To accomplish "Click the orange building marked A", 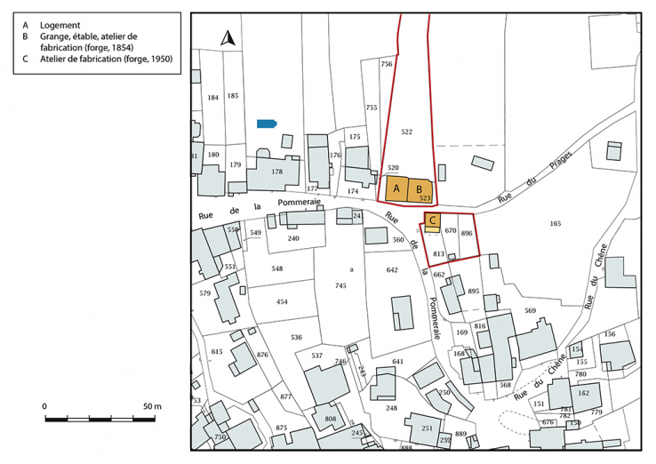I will (396, 189).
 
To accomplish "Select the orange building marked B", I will (420, 189).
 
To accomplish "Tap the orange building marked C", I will (432, 220).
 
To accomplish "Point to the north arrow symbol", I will (227, 39).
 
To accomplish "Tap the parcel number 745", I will (340, 285).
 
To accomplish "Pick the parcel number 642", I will (392, 269).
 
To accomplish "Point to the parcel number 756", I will (386, 65).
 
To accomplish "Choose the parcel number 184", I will (212, 97).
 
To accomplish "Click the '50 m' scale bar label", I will (152, 406).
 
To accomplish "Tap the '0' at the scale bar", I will (44, 406).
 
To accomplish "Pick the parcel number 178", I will (276, 172).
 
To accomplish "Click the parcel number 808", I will (330, 419).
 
